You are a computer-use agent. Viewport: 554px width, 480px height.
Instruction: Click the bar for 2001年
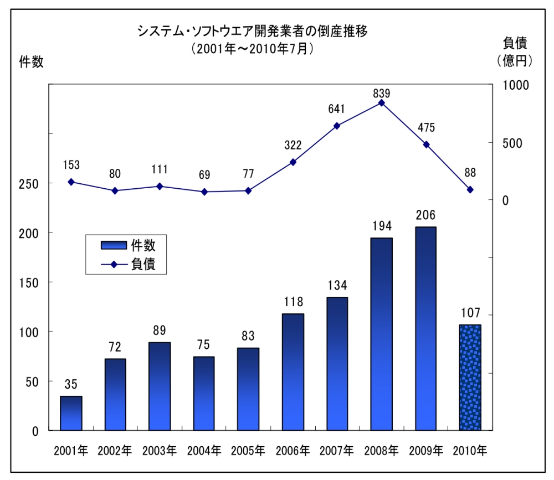coord(71,413)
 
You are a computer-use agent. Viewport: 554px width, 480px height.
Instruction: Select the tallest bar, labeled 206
coord(425,328)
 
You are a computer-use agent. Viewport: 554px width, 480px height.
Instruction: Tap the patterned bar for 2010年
coord(470,377)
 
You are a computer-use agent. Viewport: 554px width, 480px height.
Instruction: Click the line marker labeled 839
coord(381,103)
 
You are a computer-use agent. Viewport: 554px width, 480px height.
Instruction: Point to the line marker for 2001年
coord(71,182)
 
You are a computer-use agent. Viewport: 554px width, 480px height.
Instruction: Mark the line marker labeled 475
coord(425,144)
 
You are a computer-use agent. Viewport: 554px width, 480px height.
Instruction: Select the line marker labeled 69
coord(204,192)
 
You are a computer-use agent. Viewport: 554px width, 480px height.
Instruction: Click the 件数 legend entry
coord(127,244)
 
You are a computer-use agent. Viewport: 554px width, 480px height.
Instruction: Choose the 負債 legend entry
coord(127,264)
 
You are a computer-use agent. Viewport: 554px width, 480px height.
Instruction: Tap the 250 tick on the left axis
coord(28,183)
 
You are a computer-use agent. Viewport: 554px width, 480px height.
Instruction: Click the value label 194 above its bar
coord(381,226)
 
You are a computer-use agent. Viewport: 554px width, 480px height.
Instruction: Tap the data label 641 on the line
coord(337,110)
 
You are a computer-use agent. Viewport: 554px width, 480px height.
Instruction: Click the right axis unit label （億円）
coord(515,60)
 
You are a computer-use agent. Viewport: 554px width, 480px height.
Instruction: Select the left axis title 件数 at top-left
coord(31,62)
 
